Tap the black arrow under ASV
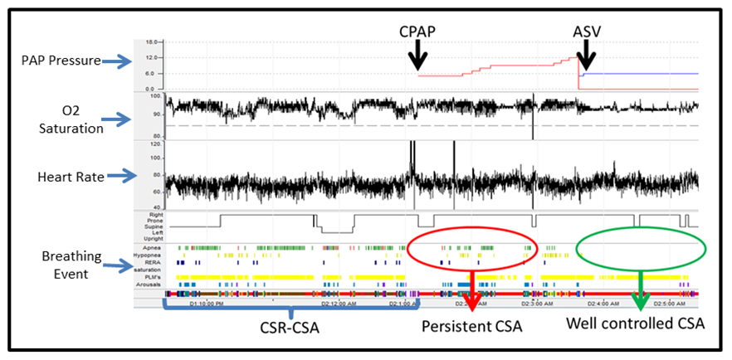pyautogui.click(x=586, y=56)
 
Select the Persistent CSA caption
pyautogui.click(x=471, y=327)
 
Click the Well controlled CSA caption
pyautogui.click(x=637, y=324)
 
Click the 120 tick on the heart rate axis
pyautogui.click(x=153, y=144)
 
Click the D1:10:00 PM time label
pyautogui.click(x=207, y=303)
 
